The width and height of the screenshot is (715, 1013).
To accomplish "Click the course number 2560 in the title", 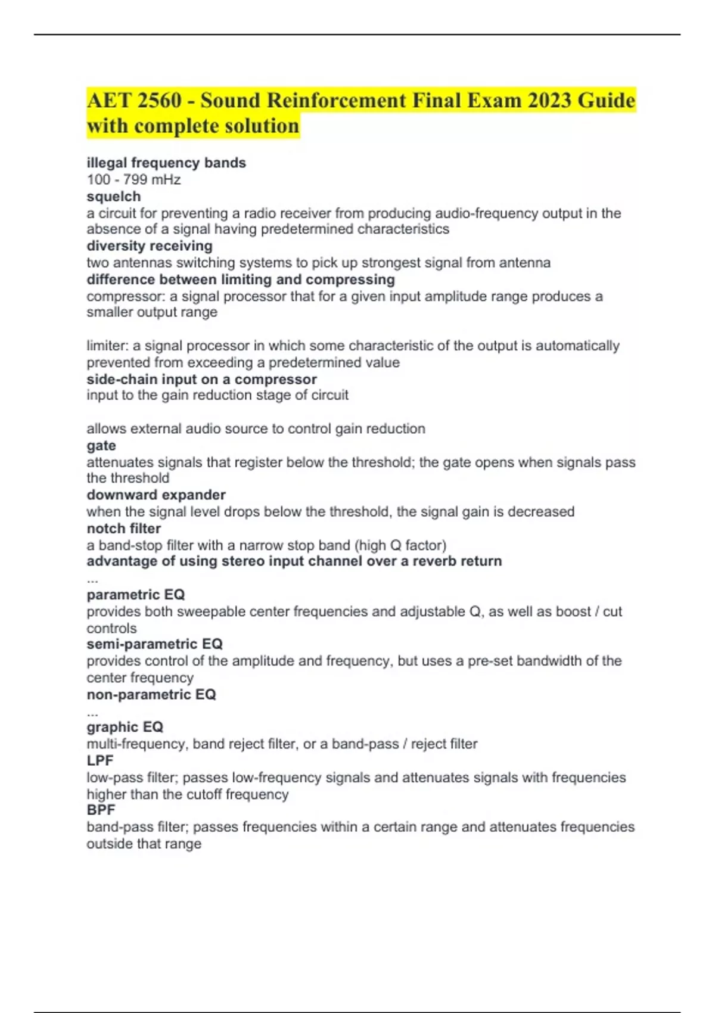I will pos(159,100).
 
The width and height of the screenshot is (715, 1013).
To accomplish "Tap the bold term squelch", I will pos(114,197).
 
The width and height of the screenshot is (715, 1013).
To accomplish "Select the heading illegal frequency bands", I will pos(166,163).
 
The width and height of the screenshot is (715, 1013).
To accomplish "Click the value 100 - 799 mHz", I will pos(133,179).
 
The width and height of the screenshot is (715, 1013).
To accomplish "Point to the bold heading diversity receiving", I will pos(150,246).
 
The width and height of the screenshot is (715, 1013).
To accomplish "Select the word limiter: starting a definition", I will pos(108,346).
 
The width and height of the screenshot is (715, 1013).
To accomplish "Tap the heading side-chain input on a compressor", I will pos(201,379).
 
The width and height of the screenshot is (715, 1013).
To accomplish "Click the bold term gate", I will pos(101,446).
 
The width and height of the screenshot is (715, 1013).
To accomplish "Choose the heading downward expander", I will pos(156,495).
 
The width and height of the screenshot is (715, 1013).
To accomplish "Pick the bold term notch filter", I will pos(124,529).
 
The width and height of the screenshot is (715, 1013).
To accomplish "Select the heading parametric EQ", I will pos(136,595).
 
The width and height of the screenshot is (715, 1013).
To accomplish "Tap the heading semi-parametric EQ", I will pos(154,644).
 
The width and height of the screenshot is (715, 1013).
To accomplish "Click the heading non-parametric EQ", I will pos(151,694).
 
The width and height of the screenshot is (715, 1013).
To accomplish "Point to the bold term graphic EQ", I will pos(125,727).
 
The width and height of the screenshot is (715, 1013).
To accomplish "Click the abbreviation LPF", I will pos(100,760).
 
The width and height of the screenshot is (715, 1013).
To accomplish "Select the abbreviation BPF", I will pos(101,810).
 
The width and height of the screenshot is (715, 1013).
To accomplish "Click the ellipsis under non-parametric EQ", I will pos(92,711).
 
